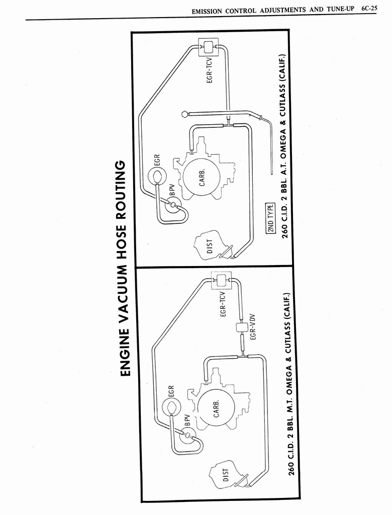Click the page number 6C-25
click(369, 9)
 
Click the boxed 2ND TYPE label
click(270, 218)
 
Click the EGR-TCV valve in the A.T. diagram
click(207, 47)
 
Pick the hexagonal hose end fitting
click(184, 114)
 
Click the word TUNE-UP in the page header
click(340, 10)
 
